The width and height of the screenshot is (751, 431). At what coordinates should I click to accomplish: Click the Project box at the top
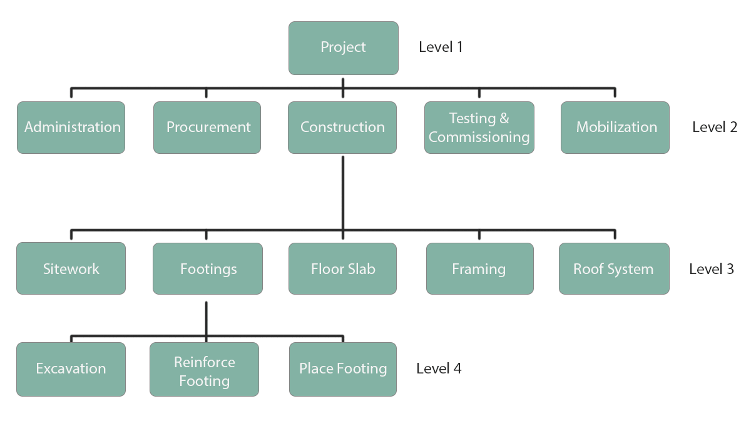tap(343, 48)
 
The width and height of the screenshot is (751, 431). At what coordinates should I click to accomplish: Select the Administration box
tap(71, 128)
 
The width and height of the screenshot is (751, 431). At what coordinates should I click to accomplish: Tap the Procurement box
tap(207, 128)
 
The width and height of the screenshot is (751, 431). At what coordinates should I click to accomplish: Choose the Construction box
tap(342, 128)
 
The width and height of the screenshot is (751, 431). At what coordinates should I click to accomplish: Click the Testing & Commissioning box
tap(479, 128)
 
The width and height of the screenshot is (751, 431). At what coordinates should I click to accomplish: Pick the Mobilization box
tap(615, 128)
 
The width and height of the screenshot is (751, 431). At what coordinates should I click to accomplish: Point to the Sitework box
tap(71, 269)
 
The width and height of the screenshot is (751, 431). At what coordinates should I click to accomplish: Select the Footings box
tap(208, 269)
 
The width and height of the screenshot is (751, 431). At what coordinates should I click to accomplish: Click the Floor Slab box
tap(342, 269)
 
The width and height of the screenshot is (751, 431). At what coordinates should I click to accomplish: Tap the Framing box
tap(479, 269)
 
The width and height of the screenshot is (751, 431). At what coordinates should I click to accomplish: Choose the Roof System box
tap(614, 269)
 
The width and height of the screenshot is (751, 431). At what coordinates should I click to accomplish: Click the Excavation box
tap(71, 369)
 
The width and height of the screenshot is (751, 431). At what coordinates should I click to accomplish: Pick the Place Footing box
tap(342, 369)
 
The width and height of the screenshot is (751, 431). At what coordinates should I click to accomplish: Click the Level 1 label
tap(441, 47)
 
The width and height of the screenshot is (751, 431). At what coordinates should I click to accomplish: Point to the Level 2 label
tap(715, 128)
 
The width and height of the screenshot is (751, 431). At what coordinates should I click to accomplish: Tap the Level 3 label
tap(712, 269)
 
